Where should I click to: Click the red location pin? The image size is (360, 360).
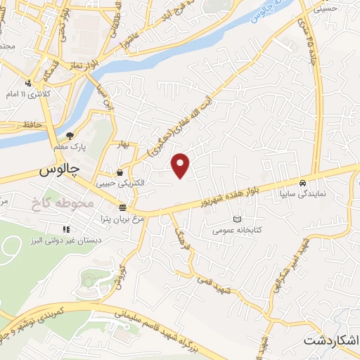coord(181,165)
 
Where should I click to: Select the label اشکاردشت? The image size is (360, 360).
coord(331,340)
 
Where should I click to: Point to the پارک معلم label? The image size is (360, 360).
coord(71,147)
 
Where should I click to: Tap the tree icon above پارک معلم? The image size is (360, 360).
coord(69,136)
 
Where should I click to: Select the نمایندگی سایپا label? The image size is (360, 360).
coord(303,191)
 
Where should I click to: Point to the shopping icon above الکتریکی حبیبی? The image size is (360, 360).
coord(120,172)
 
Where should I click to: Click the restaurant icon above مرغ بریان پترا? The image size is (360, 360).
coord(123,207)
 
